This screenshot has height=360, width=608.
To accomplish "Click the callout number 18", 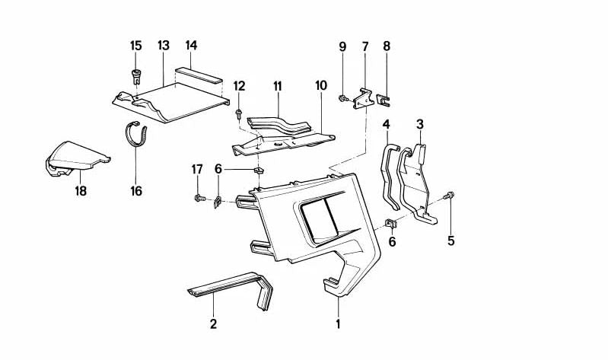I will click(x=81, y=191).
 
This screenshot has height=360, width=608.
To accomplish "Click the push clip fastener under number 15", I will click(x=138, y=75).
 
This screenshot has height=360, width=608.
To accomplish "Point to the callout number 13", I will click(x=162, y=46).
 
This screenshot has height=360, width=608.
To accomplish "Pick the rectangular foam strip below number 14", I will click(x=198, y=77).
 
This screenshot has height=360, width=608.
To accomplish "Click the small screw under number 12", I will click(x=239, y=115).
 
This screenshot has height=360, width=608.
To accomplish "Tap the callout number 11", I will click(x=278, y=88).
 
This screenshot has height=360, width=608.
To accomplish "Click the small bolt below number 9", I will click(x=343, y=97).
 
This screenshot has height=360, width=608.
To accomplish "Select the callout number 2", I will click(x=213, y=323).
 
